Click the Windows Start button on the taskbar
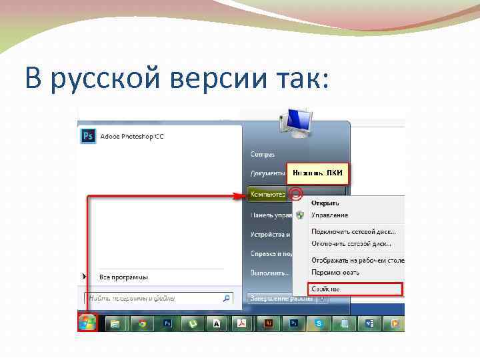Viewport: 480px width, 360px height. coord(87,323)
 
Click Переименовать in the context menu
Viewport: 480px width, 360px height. coord(335,272)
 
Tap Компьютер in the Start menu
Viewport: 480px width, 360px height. coord(267,195)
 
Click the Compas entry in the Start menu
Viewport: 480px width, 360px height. coord(262,154)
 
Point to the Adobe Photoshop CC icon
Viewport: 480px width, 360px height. coord(88,136)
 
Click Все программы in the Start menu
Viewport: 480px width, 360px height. coord(123,277)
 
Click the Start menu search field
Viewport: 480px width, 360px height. coord(153,298)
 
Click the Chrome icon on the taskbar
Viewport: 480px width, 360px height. coord(142,323)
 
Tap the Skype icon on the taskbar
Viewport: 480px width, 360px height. coord(320,323)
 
